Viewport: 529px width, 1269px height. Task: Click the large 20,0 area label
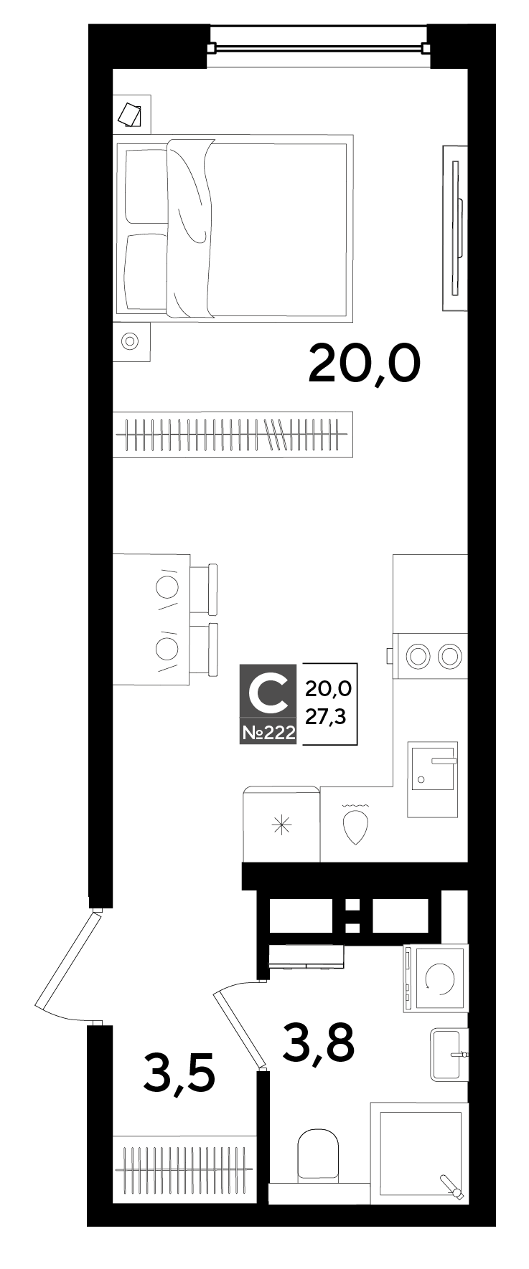[364, 363]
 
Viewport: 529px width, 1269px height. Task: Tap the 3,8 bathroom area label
[319, 1041]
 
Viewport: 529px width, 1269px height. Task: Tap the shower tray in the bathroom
[420, 1154]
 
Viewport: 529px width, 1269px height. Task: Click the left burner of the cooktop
[417, 654]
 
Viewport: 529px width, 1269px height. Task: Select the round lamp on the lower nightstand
[130, 341]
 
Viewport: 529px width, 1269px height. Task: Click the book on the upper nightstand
[130, 113]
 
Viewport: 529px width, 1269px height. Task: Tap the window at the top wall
[318, 48]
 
